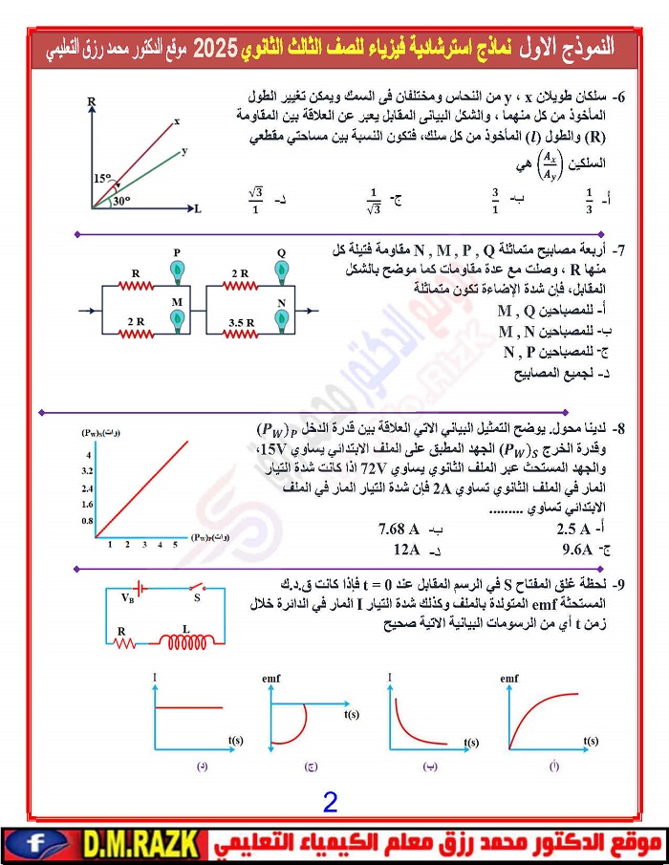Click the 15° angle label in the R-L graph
pos(102,179)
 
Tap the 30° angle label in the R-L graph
pos(120,201)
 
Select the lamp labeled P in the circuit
pos(177,271)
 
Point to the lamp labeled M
pos(177,320)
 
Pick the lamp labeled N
pos(282,320)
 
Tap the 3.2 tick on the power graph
pos(87,471)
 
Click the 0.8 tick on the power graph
pos(87,521)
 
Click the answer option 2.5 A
pos(579,529)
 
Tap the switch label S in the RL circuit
pos(197,598)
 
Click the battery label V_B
pos(128,598)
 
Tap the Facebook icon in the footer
pos(35,844)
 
